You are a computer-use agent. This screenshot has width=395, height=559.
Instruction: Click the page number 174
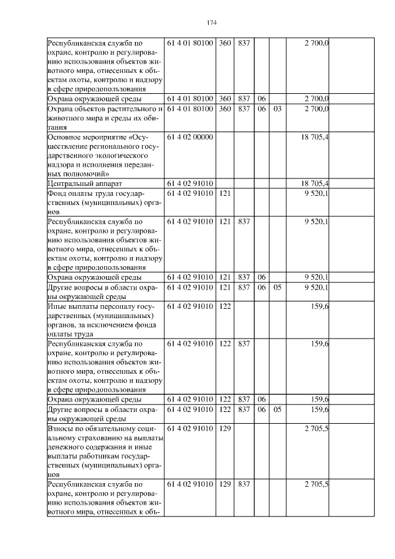click(211, 23)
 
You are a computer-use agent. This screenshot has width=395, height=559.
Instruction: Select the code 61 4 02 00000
click(190, 137)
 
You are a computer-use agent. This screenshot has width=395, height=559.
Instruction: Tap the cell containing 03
click(277, 109)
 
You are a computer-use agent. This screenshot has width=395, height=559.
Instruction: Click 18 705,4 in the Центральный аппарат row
click(314, 183)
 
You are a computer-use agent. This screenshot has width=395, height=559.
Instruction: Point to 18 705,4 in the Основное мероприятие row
click(314, 137)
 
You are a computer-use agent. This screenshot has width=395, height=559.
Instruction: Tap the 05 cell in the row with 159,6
click(277, 408)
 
